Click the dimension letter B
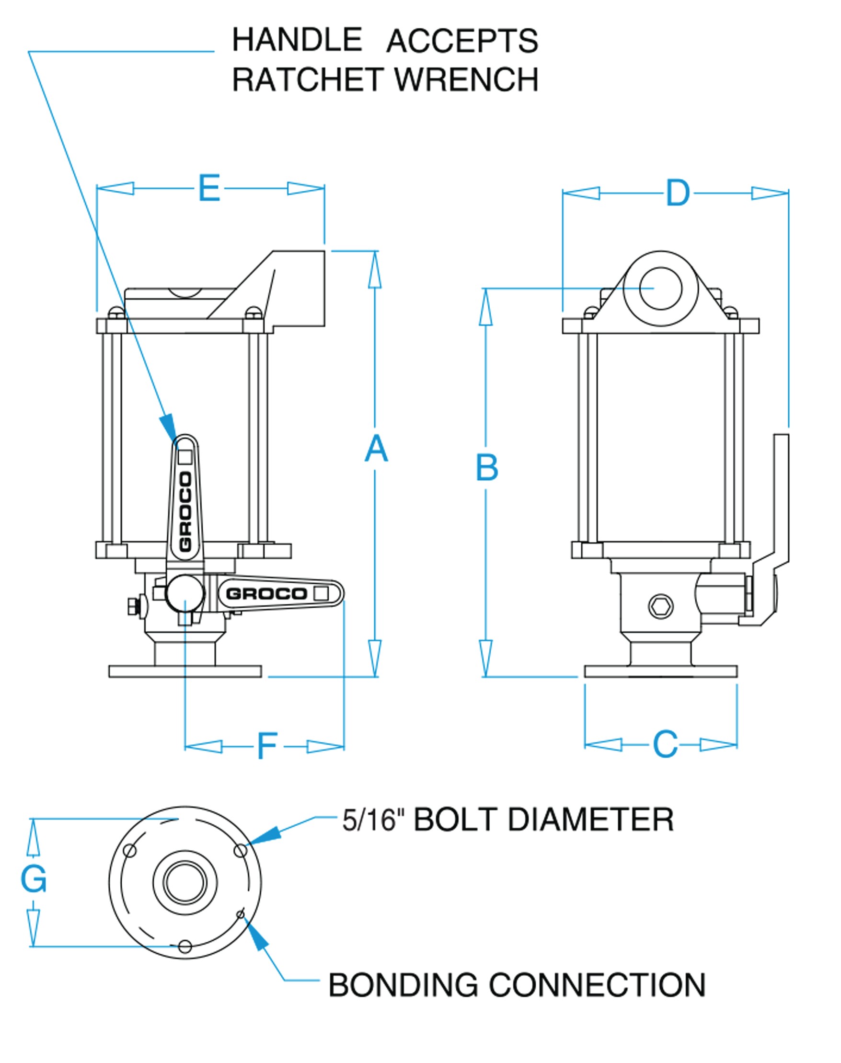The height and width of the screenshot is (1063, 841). (x=486, y=468)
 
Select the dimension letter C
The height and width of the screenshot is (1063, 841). (x=665, y=744)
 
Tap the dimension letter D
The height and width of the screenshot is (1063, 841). (x=678, y=194)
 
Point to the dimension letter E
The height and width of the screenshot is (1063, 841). (x=209, y=188)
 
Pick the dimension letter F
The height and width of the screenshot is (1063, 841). (x=267, y=746)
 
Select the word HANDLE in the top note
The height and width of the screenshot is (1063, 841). (x=297, y=40)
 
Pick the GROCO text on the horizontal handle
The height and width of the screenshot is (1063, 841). (x=266, y=594)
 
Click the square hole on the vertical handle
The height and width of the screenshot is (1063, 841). (x=184, y=457)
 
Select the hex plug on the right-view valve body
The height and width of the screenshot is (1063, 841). (x=660, y=606)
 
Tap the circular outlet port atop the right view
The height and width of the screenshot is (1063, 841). (x=660, y=289)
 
